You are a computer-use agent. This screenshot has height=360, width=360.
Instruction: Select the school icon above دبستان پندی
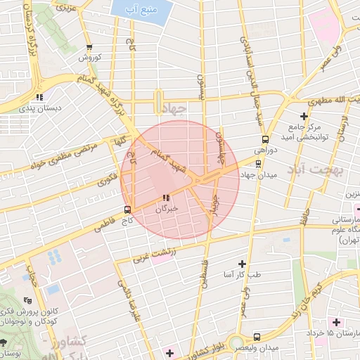[x=40, y=97]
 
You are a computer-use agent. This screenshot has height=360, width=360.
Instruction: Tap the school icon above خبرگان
[x=166, y=198]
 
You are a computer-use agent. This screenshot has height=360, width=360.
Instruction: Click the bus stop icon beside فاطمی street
[x=127, y=209]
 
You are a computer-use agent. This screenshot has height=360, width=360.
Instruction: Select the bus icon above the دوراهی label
[x=264, y=139]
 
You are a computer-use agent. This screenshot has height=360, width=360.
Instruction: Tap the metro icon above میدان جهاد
[x=257, y=162]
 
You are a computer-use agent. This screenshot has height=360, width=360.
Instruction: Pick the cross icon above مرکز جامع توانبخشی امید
[x=304, y=116]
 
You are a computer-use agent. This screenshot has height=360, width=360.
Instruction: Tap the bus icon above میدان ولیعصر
[x=257, y=337]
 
